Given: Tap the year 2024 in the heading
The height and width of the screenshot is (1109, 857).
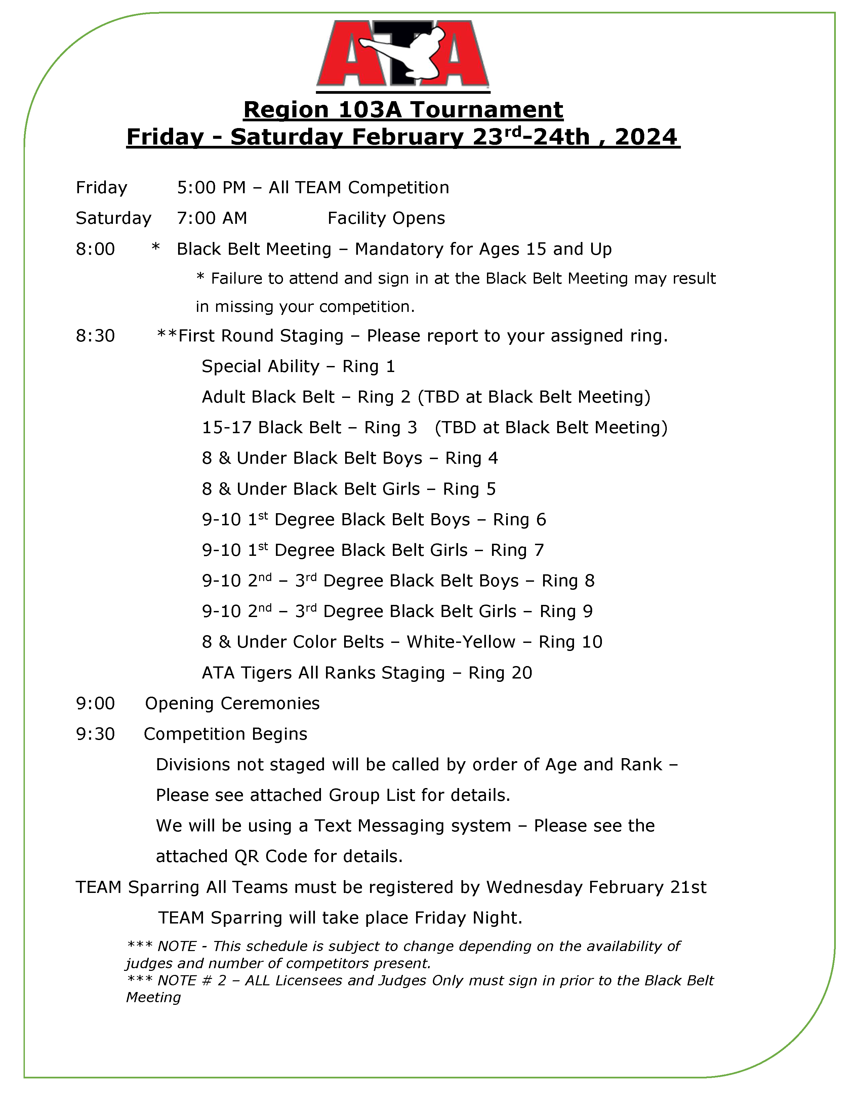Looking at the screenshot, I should pyautogui.click(x=646, y=137).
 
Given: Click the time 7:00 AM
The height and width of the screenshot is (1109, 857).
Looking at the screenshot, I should pyautogui.click(x=212, y=218).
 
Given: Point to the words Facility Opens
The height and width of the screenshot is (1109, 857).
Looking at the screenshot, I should pyautogui.click(x=386, y=218).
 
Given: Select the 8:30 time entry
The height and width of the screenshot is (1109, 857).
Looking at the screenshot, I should pyautogui.click(x=95, y=336).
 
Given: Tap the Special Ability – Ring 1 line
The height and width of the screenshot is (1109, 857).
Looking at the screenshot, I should pyautogui.click(x=298, y=367).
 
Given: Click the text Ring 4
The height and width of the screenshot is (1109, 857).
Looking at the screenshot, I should pyautogui.click(x=471, y=458).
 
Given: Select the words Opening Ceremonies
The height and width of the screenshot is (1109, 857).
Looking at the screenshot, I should pyautogui.click(x=232, y=704).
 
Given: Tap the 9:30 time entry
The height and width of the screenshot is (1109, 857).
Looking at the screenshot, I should pyautogui.click(x=95, y=734).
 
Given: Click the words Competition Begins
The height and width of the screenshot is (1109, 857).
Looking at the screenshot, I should pyautogui.click(x=226, y=734).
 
